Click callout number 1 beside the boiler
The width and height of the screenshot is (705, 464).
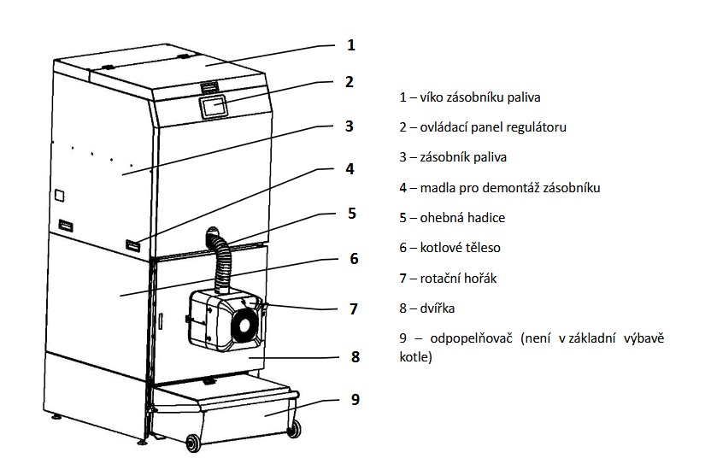(x=351, y=45)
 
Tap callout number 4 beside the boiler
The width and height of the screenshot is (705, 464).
(x=350, y=169)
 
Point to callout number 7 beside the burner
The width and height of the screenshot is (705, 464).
(x=354, y=309)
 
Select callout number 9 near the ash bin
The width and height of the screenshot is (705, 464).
(x=355, y=400)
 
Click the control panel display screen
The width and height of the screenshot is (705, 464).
(x=214, y=107)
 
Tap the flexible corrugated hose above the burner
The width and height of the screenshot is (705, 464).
(x=221, y=260)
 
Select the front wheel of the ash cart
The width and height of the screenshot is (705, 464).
(x=193, y=443)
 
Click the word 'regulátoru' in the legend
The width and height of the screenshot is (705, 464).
(x=536, y=127)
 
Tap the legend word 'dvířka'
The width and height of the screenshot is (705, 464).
(x=438, y=308)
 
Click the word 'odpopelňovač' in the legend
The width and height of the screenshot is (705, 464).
(x=471, y=339)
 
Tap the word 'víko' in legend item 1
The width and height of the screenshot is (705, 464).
(x=432, y=97)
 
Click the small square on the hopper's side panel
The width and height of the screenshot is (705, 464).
(x=59, y=196)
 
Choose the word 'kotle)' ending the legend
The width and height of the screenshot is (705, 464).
(x=416, y=357)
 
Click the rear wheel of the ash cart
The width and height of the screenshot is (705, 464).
(x=294, y=428)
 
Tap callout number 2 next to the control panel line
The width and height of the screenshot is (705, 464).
(x=350, y=82)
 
